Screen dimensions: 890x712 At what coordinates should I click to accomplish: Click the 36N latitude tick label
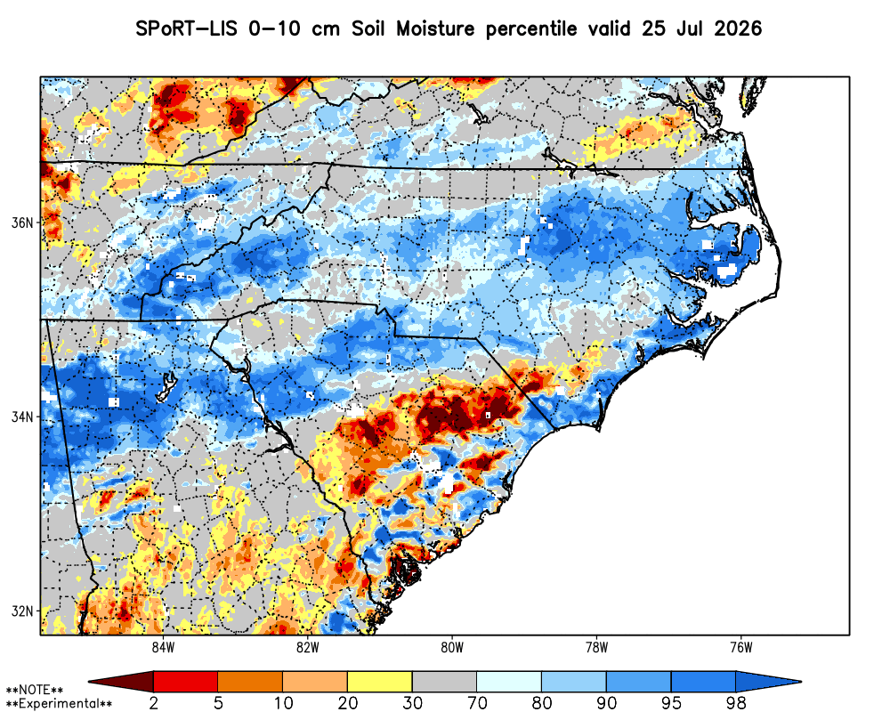(x=23, y=222)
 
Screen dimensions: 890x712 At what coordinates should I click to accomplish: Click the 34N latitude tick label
(x=23, y=417)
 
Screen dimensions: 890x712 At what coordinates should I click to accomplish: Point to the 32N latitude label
(x=23, y=611)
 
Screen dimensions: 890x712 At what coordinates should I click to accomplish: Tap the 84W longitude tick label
(x=163, y=647)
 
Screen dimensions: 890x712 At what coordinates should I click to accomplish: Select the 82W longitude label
(x=308, y=647)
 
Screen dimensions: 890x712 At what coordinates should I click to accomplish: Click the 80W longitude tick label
(x=452, y=647)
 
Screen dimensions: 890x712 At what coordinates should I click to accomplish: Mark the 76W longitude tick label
(x=741, y=647)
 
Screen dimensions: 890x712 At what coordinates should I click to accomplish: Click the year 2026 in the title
(x=738, y=28)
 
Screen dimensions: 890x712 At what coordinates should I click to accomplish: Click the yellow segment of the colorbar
(x=380, y=681)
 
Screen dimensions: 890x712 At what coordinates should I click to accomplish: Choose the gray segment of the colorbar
(x=444, y=681)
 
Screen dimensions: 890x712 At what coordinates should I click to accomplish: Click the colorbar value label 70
(x=477, y=703)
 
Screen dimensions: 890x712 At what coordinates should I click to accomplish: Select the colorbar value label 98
(x=736, y=703)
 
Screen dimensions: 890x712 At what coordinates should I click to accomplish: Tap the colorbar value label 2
(x=154, y=703)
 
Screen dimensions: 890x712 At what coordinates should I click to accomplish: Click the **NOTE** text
(x=35, y=690)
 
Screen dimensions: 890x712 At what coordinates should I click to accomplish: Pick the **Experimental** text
(x=59, y=704)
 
